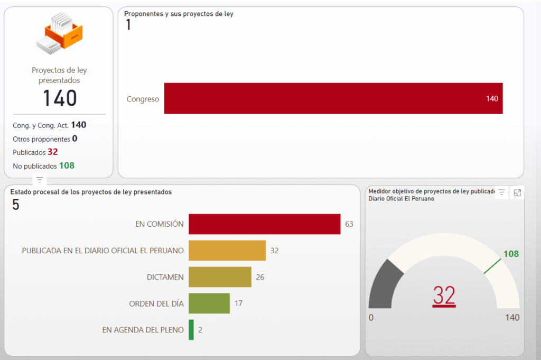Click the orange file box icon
click(59, 33)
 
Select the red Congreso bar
click(333, 98)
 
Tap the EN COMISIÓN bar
click(264, 224)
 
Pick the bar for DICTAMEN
click(220, 277)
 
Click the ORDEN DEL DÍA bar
click(209, 303)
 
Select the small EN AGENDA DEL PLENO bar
click(191, 330)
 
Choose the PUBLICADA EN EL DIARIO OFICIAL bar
click(227, 251)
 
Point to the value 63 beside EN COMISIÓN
click(349, 224)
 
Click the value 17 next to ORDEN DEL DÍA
click(238, 303)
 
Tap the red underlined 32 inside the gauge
click(444, 296)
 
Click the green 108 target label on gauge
click(511, 254)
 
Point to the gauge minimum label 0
click(371, 318)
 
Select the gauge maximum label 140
click(512, 318)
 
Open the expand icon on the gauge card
click(517, 193)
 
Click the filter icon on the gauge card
click(502, 193)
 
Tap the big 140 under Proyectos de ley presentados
click(59, 98)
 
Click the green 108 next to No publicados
click(67, 165)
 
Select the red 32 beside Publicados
click(52, 152)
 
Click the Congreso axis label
click(143, 99)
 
